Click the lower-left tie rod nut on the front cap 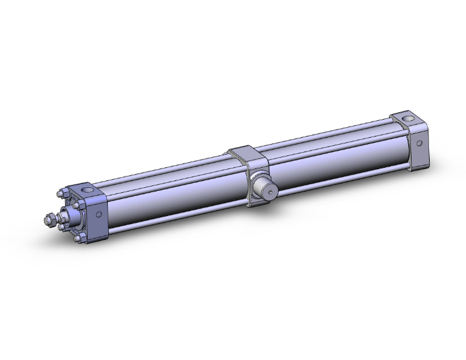point(61,227)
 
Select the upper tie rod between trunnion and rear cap point(326,133)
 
